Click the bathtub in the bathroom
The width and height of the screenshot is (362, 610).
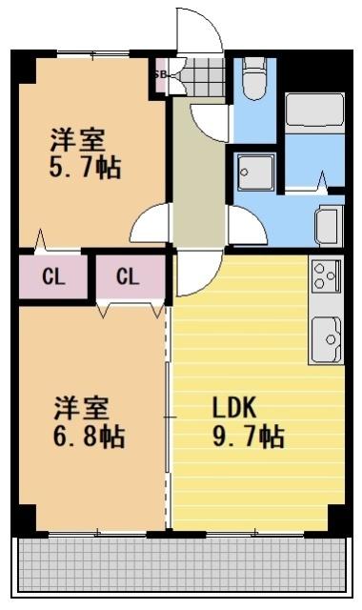(314, 124)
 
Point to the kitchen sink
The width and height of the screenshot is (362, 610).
(326, 338)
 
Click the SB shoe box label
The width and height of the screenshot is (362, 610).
(160, 74)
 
